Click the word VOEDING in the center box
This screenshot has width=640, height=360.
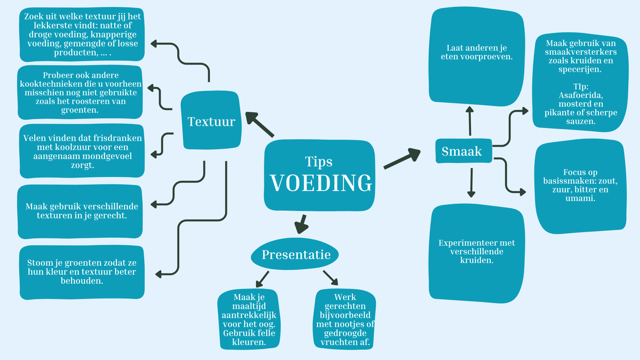321,183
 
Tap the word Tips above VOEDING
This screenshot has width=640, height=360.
319,162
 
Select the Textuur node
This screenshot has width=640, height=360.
211,121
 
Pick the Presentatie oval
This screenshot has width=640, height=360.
295,255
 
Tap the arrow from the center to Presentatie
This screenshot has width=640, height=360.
301,224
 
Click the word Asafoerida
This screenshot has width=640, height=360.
581,95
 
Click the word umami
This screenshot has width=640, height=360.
580,198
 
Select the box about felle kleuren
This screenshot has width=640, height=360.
249,319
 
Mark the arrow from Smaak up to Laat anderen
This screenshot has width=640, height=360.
470,121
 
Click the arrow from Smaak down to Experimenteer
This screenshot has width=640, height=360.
471,182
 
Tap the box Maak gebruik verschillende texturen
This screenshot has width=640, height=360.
81,211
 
